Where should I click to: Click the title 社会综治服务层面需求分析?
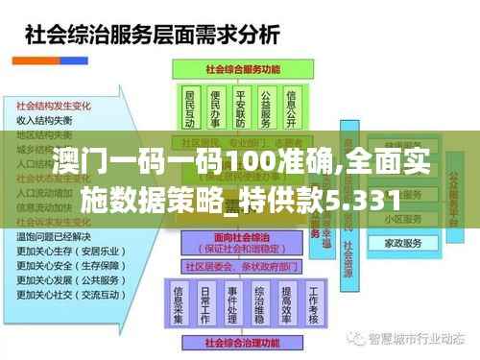152,37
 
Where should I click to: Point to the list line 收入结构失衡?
45,121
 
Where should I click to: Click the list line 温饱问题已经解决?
54,235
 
